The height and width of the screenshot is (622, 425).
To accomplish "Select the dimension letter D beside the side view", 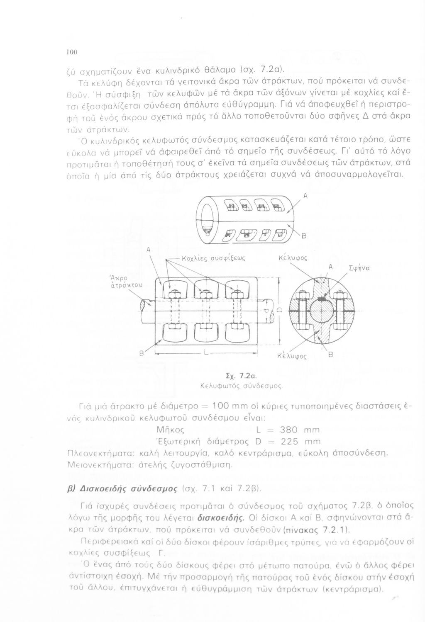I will [x=280, y=310].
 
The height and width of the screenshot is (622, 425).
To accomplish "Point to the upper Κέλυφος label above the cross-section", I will [x=293, y=258].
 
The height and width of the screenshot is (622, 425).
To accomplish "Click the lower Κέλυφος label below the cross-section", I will [x=292, y=356].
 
